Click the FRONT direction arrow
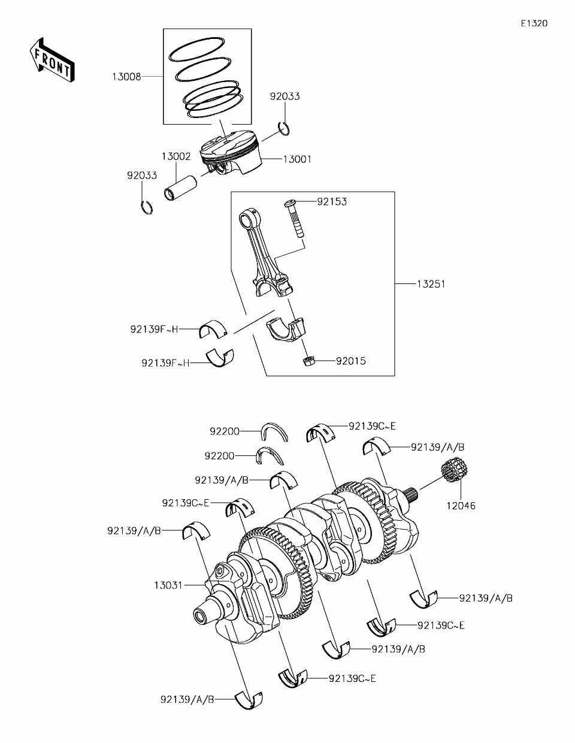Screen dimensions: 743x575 (x=51, y=59)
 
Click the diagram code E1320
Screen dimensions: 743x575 (x=534, y=23)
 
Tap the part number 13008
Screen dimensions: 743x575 (x=126, y=77)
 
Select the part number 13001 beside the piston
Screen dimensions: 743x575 (x=297, y=159)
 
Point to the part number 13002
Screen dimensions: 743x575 (x=175, y=156)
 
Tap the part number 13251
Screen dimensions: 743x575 (x=431, y=283)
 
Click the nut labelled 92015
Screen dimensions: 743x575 (x=309, y=361)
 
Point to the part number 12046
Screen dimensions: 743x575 (x=460, y=506)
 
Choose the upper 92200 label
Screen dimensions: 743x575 (x=225, y=431)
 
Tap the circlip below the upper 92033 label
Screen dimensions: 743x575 (x=286, y=127)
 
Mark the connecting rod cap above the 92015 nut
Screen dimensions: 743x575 (x=286, y=330)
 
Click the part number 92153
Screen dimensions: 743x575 (x=332, y=201)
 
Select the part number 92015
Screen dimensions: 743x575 (x=350, y=361)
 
